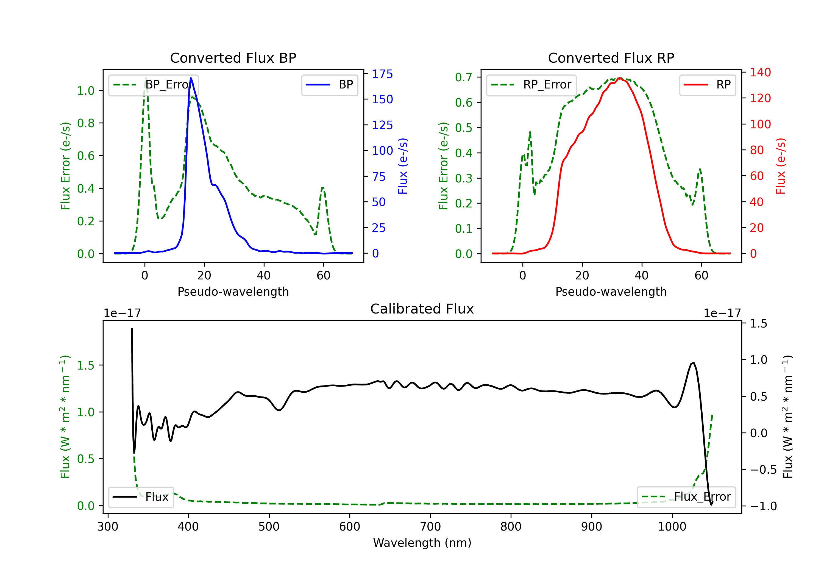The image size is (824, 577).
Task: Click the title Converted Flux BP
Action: coord(233,58)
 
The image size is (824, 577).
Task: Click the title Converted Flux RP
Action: coord(611,58)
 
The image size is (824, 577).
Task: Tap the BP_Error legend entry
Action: coord(154,85)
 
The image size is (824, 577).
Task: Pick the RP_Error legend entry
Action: coord(531,85)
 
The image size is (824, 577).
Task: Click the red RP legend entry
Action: coord(708,85)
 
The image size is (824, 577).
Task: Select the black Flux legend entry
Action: coord(141,497)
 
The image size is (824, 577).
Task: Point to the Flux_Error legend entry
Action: coord(686,497)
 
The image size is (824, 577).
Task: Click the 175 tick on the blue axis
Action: coord(382,74)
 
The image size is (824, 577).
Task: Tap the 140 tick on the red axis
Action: coord(760,72)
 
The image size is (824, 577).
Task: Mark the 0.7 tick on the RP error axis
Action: coord(463,77)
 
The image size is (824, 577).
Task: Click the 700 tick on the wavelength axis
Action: coord(430,527)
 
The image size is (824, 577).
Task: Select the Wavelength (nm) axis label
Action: coord(422,543)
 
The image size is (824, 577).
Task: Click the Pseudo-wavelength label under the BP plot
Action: coord(233,292)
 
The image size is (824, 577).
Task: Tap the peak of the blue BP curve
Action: coord(191,78)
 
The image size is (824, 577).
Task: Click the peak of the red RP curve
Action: coord(620,78)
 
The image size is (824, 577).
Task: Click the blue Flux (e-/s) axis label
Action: coord(403,166)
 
